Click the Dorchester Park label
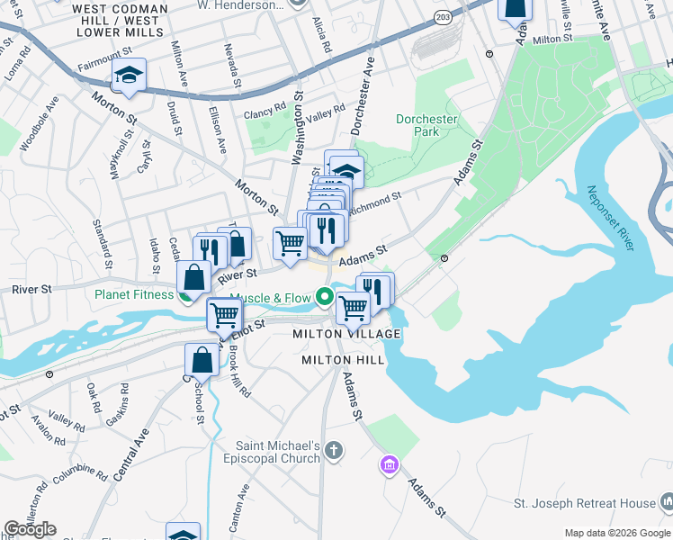426,125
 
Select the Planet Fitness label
134,293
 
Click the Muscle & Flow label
270,298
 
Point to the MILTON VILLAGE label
346,334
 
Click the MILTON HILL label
343,360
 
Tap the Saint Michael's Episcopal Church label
278,452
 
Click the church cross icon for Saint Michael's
334,450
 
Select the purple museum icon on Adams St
389,465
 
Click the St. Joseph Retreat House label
584,502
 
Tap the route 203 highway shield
442,17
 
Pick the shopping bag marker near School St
202,360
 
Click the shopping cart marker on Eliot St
224,315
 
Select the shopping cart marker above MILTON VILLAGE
353,308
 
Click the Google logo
30,529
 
